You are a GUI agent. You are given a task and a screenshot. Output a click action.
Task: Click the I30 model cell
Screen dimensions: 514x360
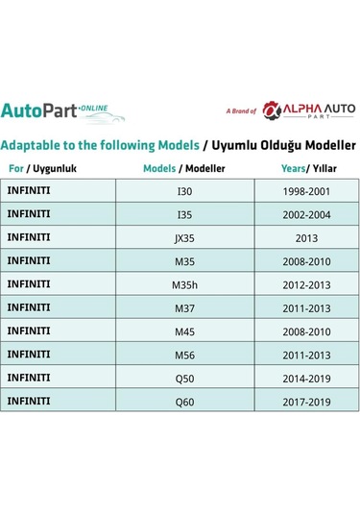coord(185,190)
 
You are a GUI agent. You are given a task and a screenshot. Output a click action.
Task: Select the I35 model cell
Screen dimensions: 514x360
coord(185,213)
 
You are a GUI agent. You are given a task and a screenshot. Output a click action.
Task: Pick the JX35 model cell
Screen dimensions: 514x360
coord(185,236)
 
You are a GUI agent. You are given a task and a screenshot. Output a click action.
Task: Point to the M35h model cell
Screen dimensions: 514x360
coord(185,283)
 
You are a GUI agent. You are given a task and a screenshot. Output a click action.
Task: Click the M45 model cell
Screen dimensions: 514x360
coord(185,330)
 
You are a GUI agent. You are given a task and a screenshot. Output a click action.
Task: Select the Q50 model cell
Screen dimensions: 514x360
coord(185,378)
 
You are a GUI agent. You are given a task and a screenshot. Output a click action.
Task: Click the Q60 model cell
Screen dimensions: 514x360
coord(185,401)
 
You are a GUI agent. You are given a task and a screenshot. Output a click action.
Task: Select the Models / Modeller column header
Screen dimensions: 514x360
coord(185,167)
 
